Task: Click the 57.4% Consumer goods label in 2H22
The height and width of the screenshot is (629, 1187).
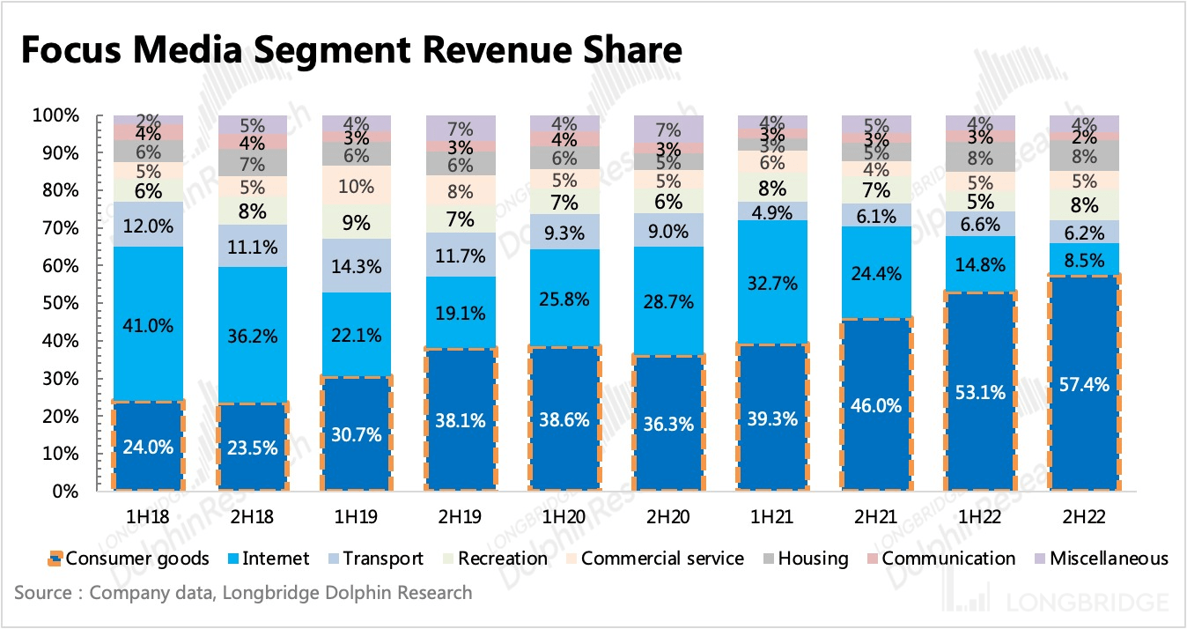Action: (x=1085, y=384)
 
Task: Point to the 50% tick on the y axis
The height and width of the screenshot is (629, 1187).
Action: (x=61, y=303)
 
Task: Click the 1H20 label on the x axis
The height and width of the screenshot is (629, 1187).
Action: (x=565, y=513)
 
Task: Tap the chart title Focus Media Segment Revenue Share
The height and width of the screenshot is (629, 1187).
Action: (x=350, y=50)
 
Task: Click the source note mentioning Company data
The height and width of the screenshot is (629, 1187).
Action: (x=243, y=593)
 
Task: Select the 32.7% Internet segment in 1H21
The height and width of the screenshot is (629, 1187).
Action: (x=773, y=283)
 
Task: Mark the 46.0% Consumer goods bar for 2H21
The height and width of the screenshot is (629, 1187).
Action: (x=878, y=405)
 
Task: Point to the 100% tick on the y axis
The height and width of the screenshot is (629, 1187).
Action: (x=57, y=115)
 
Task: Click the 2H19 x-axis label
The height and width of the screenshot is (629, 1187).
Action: (x=461, y=513)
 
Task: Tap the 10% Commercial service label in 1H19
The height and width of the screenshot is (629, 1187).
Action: (x=357, y=187)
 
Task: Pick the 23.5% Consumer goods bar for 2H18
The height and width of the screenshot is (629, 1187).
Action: (x=253, y=447)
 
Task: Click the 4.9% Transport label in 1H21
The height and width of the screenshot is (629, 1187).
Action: (x=773, y=211)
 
